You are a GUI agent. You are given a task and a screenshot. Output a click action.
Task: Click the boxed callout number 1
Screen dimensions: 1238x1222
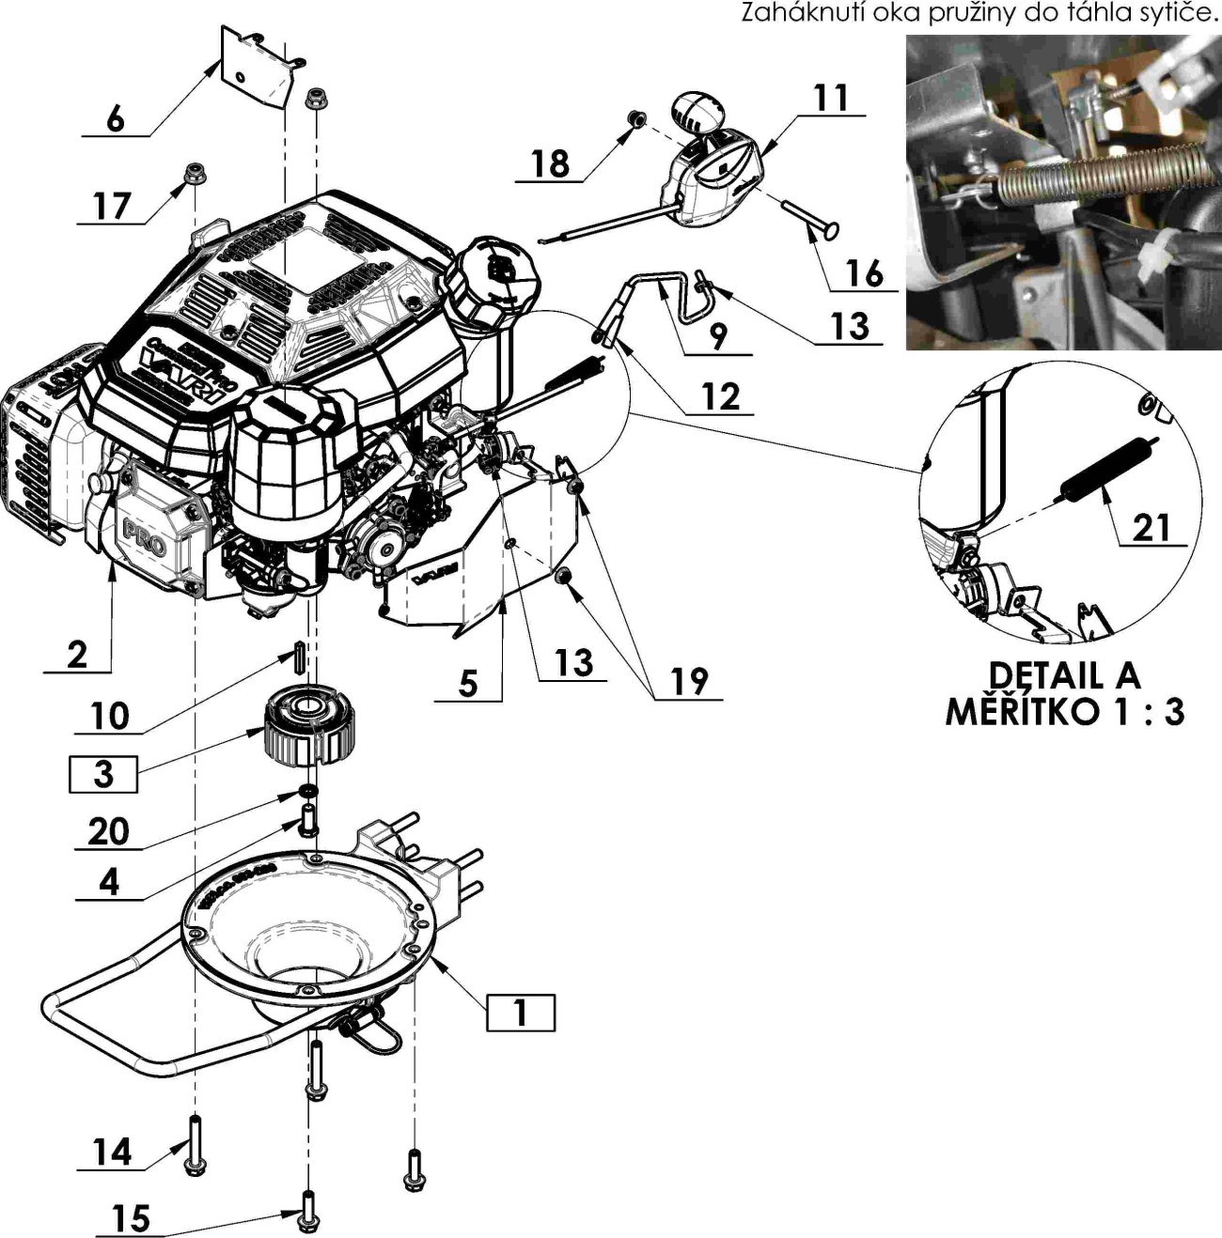tap(520, 1012)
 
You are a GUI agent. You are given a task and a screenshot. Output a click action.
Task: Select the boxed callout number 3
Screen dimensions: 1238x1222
tap(103, 774)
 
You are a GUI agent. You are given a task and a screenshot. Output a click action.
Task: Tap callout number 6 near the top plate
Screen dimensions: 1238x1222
tap(116, 119)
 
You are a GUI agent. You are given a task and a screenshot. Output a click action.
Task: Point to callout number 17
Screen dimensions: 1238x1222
tap(112, 206)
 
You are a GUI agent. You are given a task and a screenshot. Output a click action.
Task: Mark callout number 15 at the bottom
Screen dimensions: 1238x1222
tap(131, 1218)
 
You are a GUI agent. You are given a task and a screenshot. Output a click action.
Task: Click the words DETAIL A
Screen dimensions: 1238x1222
tap(1063, 675)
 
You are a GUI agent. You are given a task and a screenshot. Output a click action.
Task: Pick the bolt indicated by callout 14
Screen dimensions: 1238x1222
tap(196, 1144)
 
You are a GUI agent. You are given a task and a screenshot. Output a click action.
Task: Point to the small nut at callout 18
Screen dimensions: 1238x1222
tap(636, 118)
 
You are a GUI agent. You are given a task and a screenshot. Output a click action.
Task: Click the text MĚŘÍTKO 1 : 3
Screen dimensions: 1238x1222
tap(1064, 711)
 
